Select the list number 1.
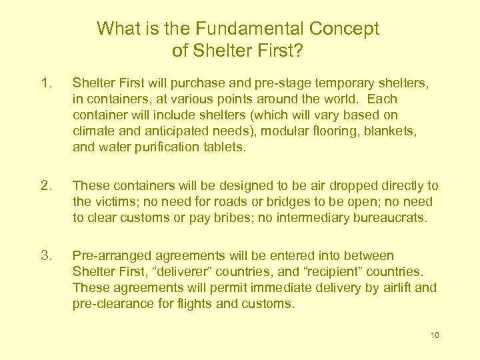pyautogui.click(x=45, y=84)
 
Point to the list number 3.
pyautogui.click(x=45, y=255)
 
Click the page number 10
pyautogui.click(x=435, y=335)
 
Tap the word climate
pyautogui.click(x=92, y=132)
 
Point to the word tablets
pyautogui.click(x=225, y=148)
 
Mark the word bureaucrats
pyautogui.click(x=388, y=217)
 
